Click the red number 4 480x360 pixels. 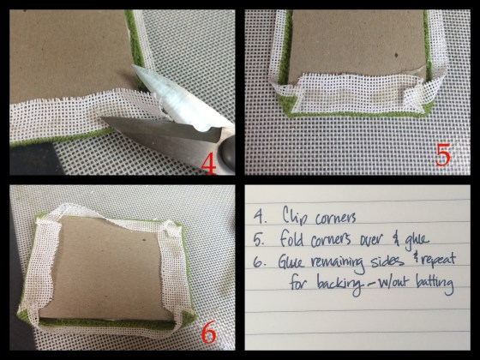209,164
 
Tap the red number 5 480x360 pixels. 443,155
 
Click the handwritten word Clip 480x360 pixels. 293,216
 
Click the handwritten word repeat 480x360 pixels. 438,261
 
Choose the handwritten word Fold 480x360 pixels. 291,238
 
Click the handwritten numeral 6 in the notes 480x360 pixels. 259,263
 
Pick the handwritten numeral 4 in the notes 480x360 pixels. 259,217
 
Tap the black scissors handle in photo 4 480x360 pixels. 227,153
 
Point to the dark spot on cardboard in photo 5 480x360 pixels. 396,56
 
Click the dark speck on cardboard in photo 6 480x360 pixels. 143,239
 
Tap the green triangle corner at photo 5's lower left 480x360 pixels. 286,104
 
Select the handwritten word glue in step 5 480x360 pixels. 417,239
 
